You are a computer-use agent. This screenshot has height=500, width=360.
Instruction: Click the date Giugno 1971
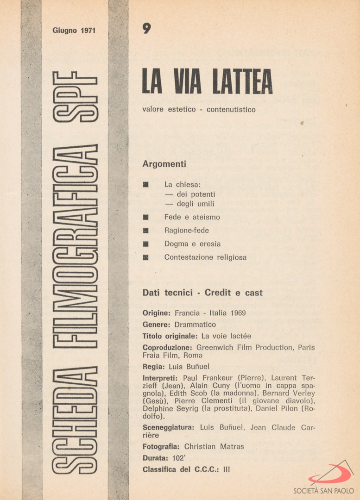[x=74, y=31]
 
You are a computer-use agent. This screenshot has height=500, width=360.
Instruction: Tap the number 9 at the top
[x=146, y=29]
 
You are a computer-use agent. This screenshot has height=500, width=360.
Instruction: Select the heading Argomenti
[x=164, y=164]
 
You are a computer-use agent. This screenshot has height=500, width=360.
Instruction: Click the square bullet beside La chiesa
[x=145, y=184]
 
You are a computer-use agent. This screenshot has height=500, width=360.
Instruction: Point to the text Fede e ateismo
[x=192, y=217]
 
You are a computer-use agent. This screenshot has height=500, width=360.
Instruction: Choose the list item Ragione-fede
[x=186, y=231]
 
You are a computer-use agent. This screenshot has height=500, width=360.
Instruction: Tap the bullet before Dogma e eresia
[x=145, y=244]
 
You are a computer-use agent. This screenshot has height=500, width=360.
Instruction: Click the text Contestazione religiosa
[x=205, y=257]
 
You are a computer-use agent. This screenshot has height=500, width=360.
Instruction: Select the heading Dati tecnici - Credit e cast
[x=202, y=293]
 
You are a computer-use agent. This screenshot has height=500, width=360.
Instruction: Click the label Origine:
[x=157, y=313]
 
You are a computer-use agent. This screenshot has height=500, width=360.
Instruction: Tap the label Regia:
[x=153, y=367]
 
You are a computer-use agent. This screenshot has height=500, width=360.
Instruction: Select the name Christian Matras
[x=214, y=447]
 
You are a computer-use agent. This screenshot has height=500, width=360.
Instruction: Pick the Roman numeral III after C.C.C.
[x=227, y=469]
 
